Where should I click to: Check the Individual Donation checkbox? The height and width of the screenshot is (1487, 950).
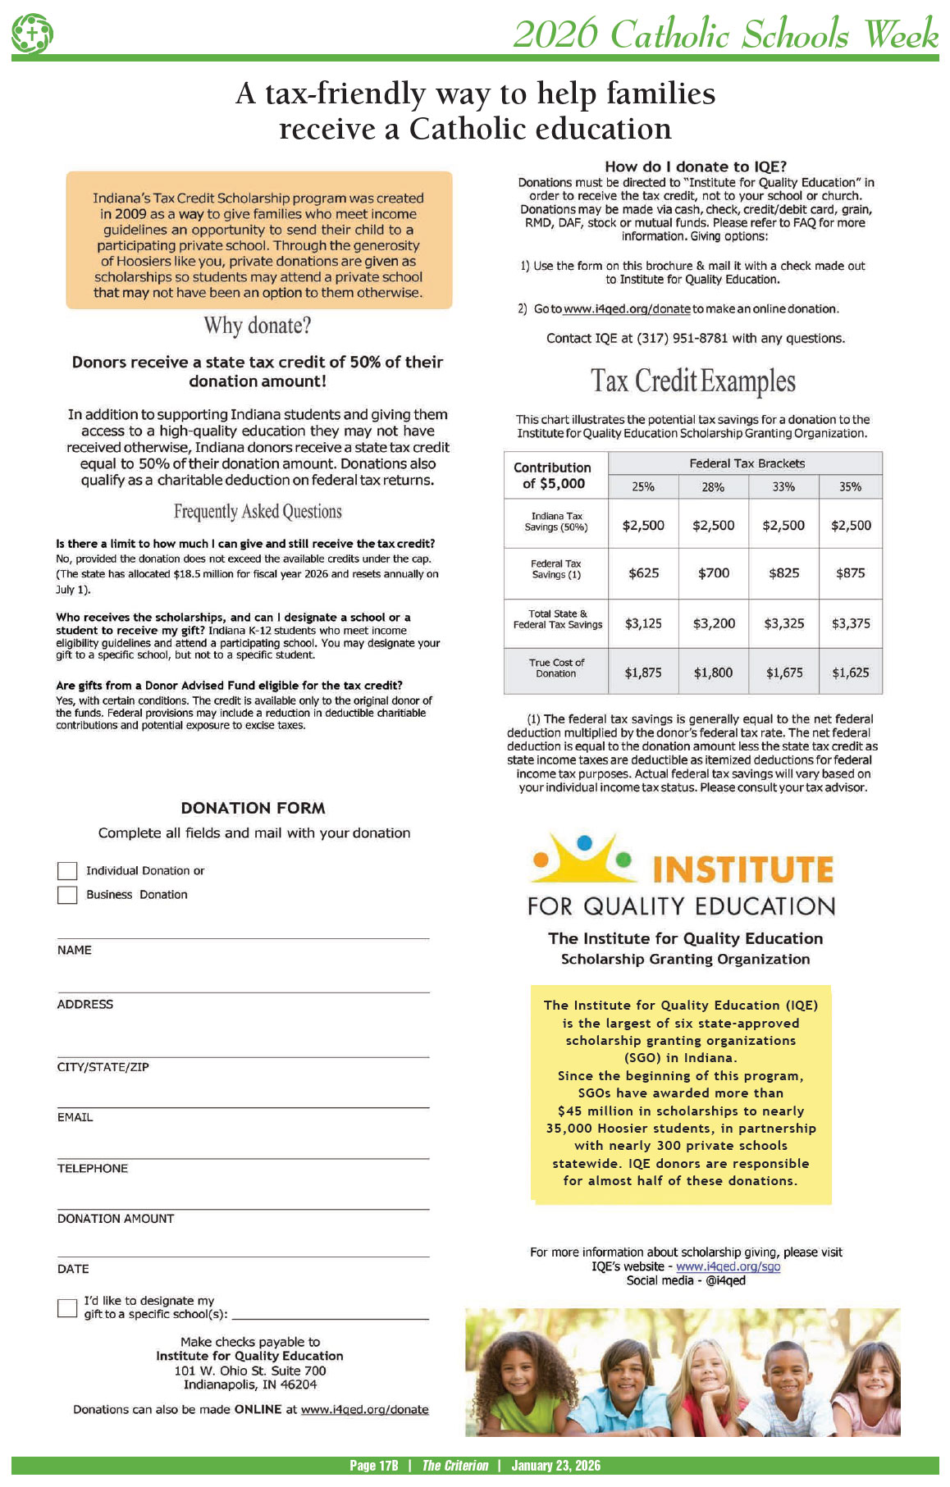click(67, 870)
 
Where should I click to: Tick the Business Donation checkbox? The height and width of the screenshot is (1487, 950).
click(67, 894)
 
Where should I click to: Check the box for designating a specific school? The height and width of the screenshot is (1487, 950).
click(67, 1307)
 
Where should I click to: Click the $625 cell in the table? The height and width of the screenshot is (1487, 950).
click(643, 572)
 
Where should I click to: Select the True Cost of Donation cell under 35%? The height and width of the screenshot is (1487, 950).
click(851, 673)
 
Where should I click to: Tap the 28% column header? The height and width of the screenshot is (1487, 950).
click(713, 486)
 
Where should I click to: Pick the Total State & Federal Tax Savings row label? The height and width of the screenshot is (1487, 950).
click(557, 619)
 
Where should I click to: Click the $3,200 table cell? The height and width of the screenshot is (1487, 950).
click(713, 623)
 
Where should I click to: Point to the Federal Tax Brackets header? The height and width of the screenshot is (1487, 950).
click(747, 463)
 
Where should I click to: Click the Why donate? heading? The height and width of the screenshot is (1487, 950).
click(258, 326)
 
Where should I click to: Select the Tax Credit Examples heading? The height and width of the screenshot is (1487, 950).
click(693, 381)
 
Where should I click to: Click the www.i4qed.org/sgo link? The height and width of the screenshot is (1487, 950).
click(728, 1266)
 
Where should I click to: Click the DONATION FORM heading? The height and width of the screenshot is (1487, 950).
click(253, 808)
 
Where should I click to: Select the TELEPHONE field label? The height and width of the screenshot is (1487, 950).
click(93, 1168)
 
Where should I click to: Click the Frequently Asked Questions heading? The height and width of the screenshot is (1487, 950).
click(258, 512)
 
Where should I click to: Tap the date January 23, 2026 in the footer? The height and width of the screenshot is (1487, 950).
click(555, 1466)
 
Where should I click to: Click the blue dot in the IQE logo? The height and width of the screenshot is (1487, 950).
click(584, 842)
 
